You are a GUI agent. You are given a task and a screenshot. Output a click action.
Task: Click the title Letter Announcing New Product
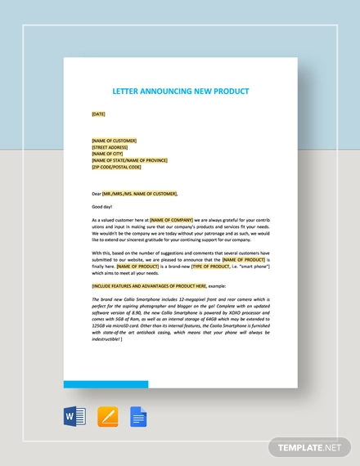tap(181, 91)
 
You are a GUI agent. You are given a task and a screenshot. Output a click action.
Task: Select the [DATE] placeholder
tap(99, 114)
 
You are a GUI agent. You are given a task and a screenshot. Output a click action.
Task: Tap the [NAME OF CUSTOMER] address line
tap(114, 141)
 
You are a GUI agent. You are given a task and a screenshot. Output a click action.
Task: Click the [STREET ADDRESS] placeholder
tap(110, 147)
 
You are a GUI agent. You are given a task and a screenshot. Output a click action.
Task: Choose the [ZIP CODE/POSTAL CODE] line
tap(116, 167)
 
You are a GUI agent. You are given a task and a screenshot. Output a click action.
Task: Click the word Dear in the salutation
tap(97, 194)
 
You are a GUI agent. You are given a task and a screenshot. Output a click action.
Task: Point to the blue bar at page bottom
tap(106, 383)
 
